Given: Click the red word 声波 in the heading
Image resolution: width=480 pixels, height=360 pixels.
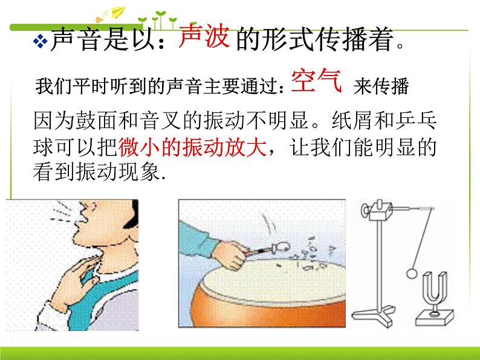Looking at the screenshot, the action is point(204,36).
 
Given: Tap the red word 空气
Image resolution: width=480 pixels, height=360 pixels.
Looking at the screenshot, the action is point(316,80).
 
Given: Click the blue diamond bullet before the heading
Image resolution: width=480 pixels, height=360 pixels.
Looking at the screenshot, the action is point(40,41).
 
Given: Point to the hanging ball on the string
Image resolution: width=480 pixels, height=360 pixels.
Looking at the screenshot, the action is point(412,273).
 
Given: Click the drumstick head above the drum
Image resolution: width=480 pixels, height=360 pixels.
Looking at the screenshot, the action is point(282,246).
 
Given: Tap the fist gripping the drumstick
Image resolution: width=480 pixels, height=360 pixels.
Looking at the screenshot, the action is point(230,255).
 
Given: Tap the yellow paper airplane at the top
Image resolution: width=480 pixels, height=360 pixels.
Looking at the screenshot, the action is point(118,11).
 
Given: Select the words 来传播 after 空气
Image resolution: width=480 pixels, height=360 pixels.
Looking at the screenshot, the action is point(381,86).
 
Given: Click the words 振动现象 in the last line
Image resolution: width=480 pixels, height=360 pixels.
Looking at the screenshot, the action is point(118,172).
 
